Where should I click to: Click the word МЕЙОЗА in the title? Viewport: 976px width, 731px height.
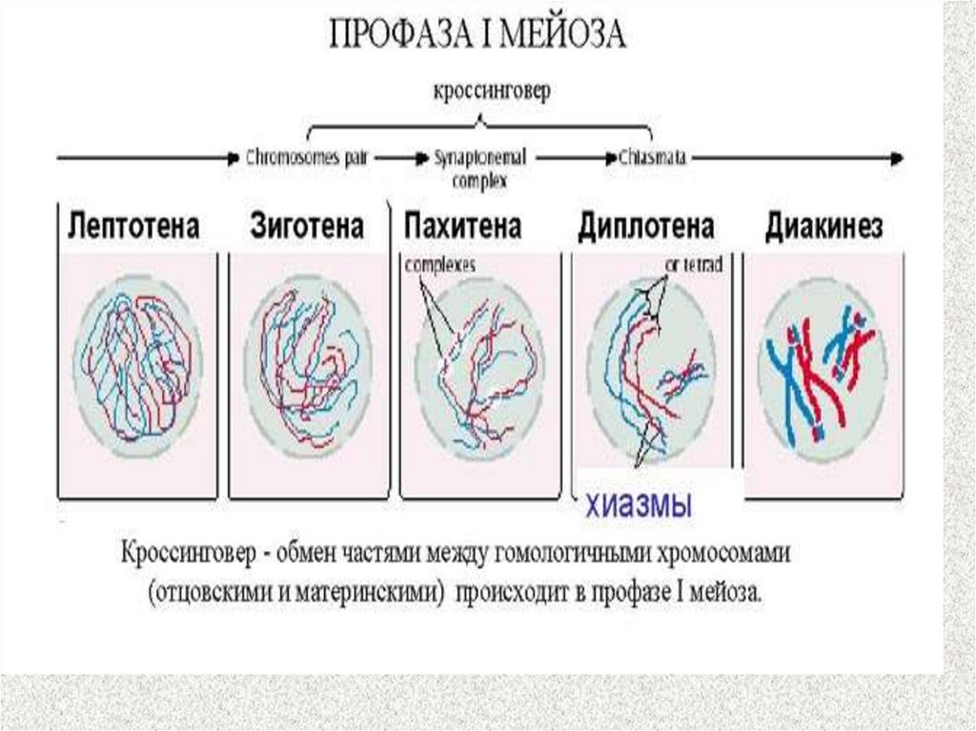(x=565, y=36)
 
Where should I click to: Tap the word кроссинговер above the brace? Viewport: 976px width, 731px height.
(x=492, y=92)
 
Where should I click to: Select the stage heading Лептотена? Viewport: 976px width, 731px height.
(x=133, y=228)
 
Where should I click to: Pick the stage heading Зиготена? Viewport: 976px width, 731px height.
(x=307, y=228)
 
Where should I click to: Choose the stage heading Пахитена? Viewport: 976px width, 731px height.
(x=463, y=228)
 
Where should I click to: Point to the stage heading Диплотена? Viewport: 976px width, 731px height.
(x=646, y=228)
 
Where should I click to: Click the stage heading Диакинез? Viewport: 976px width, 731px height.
(x=823, y=228)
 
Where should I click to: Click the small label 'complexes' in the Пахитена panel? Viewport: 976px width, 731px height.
(x=440, y=264)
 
